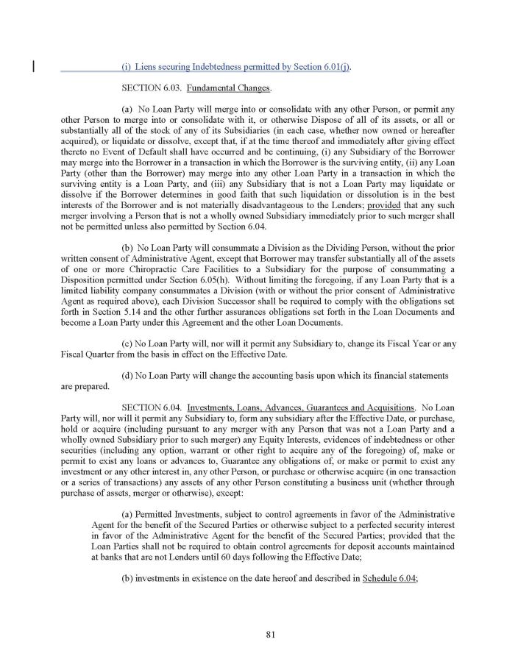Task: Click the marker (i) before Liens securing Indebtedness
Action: pos(126,68)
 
